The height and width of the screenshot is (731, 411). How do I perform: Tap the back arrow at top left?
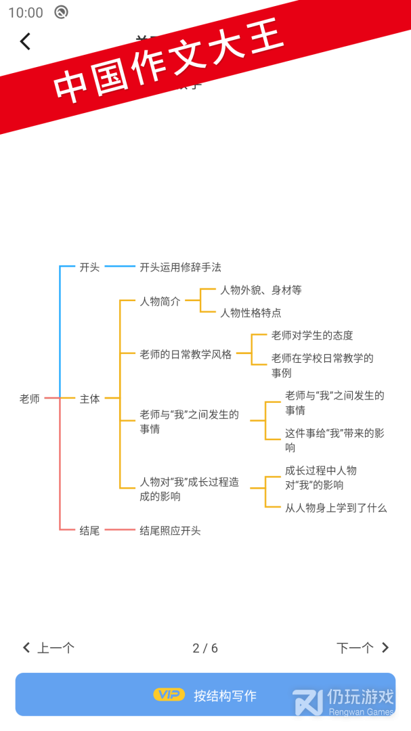tap(25, 42)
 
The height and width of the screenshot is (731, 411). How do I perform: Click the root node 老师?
tap(30, 399)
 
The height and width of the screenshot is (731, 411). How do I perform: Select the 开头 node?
tap(89, 267)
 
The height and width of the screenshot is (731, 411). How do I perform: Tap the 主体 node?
tap(89, 399)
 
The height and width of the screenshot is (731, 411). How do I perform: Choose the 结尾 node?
tap(89, 531)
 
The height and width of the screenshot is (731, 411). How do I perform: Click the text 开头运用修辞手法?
tap(180, 267)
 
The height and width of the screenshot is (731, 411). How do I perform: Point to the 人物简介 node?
tap(160, 302)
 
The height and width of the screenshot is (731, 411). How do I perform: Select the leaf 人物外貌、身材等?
tap(261, 290)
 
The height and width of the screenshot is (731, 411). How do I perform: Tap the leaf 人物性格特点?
tap(251, 313)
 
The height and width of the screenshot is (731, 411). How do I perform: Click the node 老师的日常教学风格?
tap(186, 354)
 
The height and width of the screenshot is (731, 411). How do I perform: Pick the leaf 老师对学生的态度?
tap(312, 336)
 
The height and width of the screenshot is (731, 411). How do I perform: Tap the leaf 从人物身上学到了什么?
tap(336, 508)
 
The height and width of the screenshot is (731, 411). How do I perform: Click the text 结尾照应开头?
tap(170, 531)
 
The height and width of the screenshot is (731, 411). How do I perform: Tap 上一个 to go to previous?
tap(49, 648)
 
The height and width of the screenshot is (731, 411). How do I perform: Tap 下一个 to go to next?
tap(363, 648)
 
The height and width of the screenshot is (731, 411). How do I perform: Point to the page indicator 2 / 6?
tap(205, 648)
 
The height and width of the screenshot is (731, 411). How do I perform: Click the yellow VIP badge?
tap(169, 694)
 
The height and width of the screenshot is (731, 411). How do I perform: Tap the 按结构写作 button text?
tap(225, 696)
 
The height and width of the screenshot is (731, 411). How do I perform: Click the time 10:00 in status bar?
tap(26, 12)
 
